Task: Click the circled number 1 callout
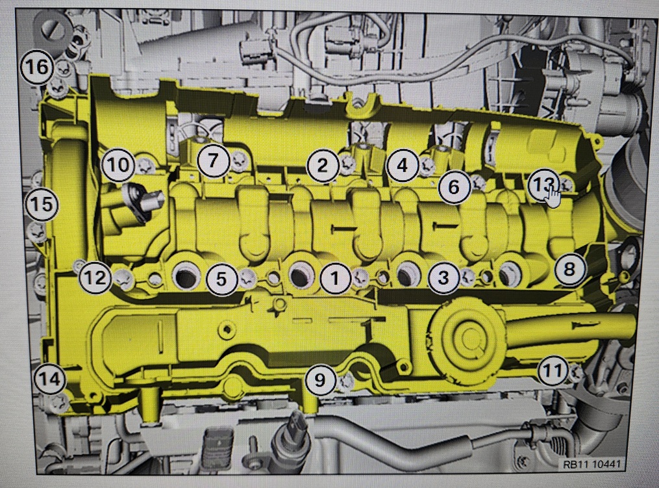coord(335,278)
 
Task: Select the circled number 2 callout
coord(323,166)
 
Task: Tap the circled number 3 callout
coord(444,277)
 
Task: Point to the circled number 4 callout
coord(403,165)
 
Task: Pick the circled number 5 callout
coord(221,279)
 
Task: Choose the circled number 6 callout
coord(453,187)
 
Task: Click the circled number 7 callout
coord(214,161)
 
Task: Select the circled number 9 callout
coord(321,380)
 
